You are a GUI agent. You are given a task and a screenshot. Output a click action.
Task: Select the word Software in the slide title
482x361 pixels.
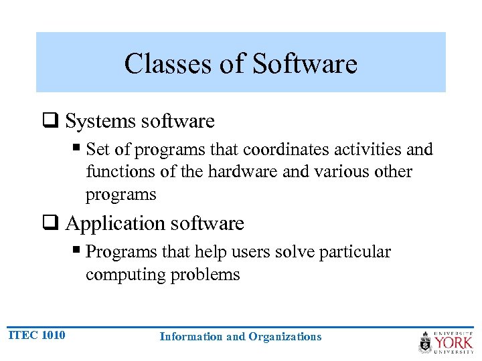click(305, 64)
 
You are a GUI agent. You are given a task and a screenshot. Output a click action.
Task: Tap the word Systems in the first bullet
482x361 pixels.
click(101, 121)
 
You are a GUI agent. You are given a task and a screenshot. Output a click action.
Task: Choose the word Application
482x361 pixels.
click(113, 223)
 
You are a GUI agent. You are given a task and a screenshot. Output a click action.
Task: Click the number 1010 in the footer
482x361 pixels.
click(53, 335)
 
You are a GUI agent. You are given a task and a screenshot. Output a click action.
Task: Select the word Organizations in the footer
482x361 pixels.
click(285, 337)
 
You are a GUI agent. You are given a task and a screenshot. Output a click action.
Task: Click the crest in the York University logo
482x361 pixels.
click(425, 342)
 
